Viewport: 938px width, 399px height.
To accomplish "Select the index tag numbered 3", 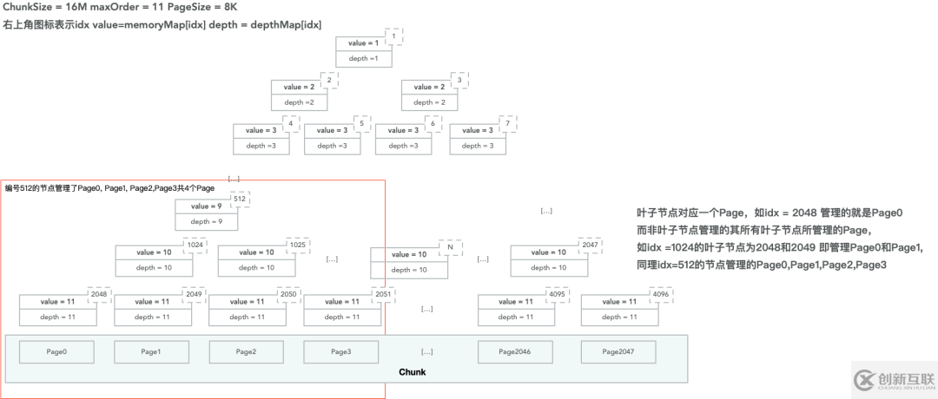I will pos(459,80).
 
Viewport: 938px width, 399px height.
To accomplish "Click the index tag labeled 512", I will pos(241,199).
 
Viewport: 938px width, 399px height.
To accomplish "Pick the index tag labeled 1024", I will pos(195,245).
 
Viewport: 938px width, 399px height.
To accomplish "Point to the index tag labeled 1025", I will pos(298,245).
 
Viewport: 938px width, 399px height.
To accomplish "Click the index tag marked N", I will pos(450,247).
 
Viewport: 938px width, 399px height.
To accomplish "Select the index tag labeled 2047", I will pos(591,245).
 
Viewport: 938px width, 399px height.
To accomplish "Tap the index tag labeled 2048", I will pos(100,294).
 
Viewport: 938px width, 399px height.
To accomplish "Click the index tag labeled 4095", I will pos(558,294).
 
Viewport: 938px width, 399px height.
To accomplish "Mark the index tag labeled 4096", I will pos(660,294).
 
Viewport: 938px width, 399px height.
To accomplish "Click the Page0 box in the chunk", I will pos(56,351).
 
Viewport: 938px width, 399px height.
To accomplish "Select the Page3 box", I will pos(340,351).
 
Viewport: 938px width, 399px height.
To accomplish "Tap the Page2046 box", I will pos(515,351).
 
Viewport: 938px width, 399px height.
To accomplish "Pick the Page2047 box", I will pos(618,351).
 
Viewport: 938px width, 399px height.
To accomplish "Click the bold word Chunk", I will pos(412,373).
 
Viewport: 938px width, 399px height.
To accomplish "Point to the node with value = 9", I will pos(206,213).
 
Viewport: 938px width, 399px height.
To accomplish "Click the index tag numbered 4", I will pos(293,123).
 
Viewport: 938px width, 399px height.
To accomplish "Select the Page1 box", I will pos(151,351).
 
